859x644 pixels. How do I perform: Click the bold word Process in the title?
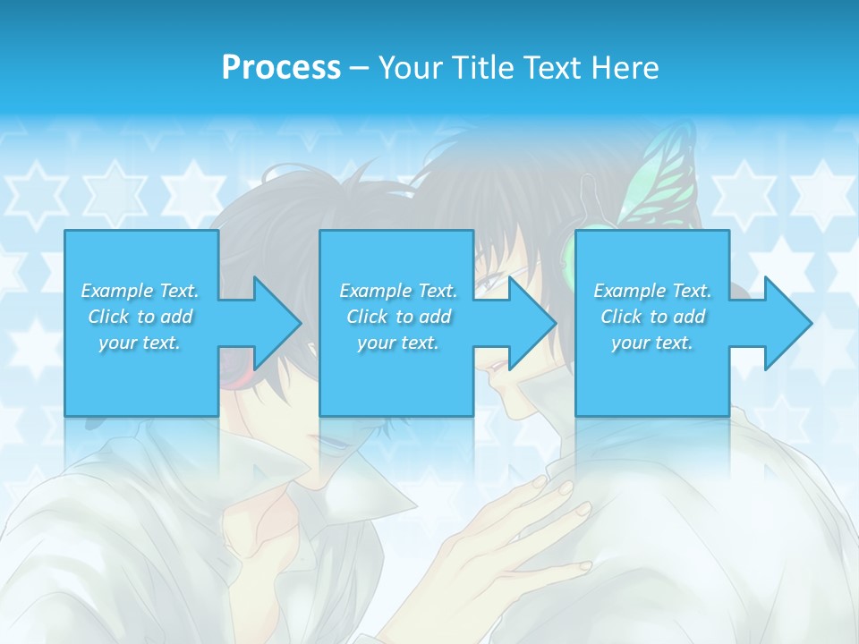(x=281, y=68)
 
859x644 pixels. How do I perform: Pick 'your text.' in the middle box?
(x=397, y=343)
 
